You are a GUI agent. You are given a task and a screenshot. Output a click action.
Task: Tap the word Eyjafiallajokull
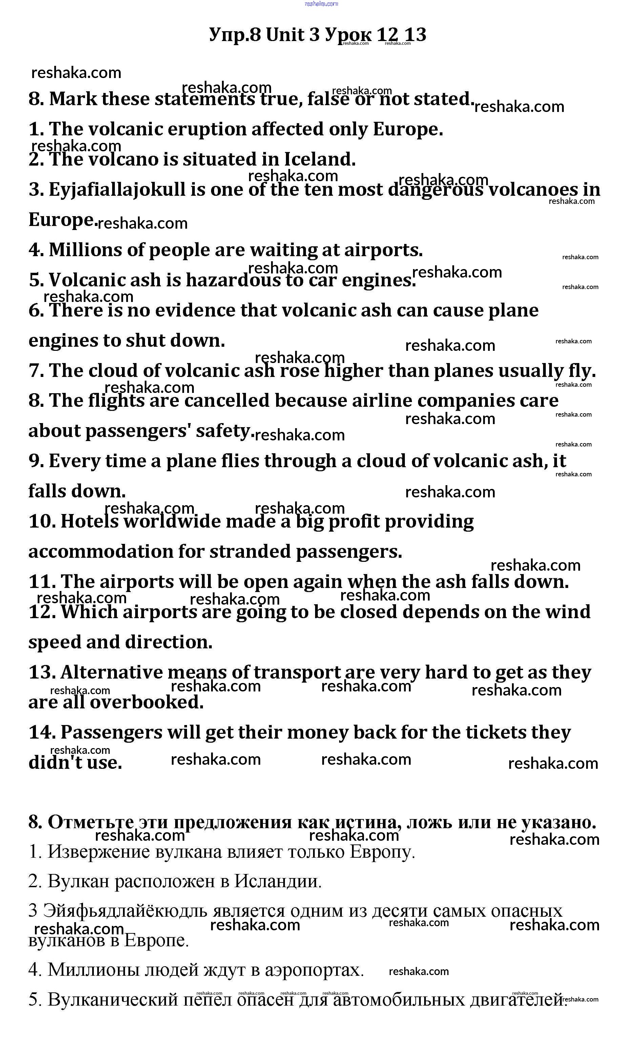(117, 190)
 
